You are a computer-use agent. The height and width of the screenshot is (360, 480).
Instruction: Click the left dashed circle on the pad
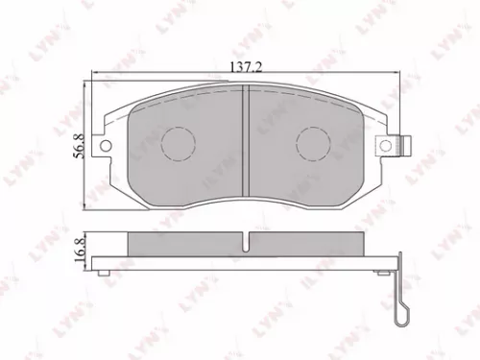(177, 144)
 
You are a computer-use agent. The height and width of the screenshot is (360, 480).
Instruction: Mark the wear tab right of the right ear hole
(407, 147)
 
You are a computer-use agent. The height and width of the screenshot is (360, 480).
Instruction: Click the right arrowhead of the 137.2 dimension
(396, 75)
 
